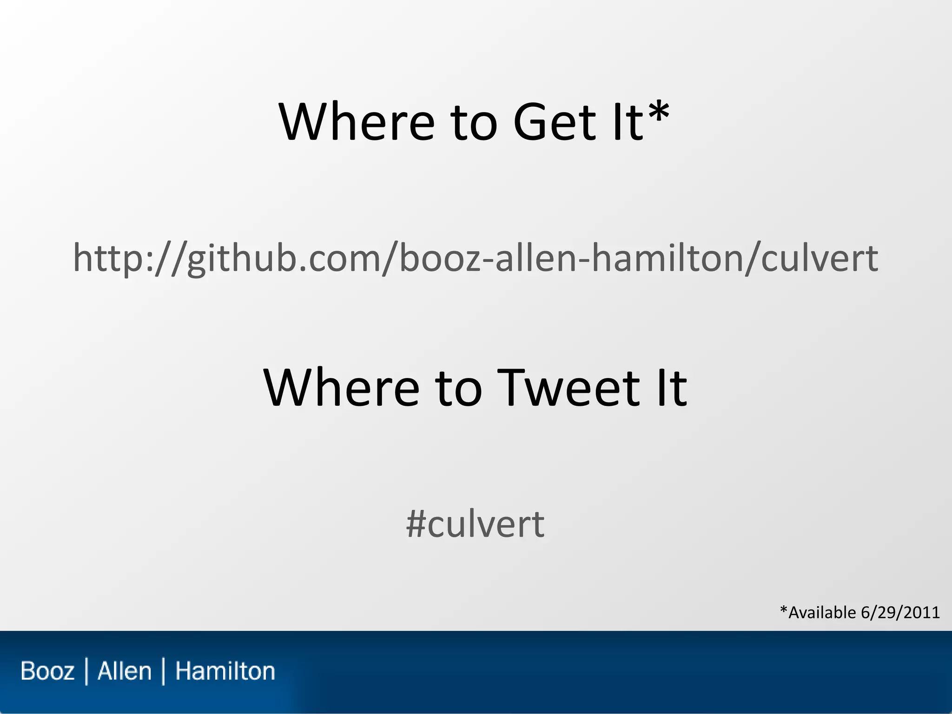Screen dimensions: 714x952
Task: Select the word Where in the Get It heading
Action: coord(357,122)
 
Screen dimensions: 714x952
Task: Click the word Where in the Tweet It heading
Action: coord(342,388)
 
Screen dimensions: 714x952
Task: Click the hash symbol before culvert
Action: coord(416,524)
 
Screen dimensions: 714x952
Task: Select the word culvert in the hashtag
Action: coord(486,524)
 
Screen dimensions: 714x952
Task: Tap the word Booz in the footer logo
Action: coord(47,671)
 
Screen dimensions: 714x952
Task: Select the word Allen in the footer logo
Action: coord(125,671)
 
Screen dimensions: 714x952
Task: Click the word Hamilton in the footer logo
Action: coord(225,671)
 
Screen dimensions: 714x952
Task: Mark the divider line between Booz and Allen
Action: coord(86,671)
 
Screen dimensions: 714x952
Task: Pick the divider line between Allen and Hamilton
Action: coord(163,671)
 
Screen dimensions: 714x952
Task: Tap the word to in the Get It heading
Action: coord(474,122)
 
